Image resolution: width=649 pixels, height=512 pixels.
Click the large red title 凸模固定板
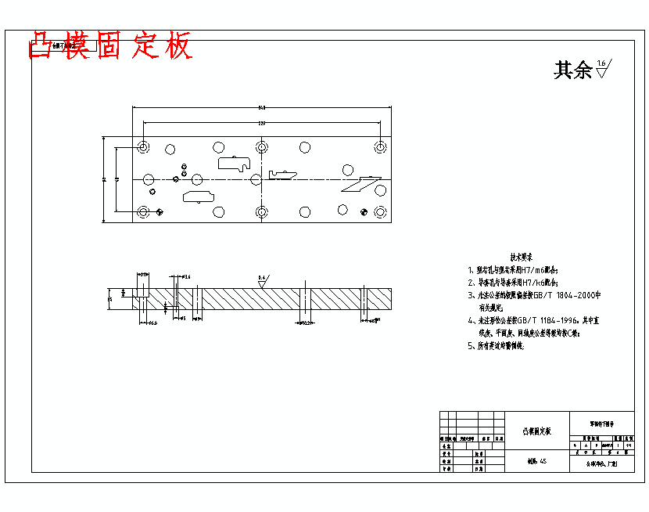coord(110,47)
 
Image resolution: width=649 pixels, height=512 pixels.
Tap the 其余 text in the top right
coord(572,70)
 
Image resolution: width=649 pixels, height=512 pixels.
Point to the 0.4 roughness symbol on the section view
coord(263,279)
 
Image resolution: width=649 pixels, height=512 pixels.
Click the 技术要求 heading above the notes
coord(522,257)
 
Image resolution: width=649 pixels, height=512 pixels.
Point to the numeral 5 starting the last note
coord(471,345)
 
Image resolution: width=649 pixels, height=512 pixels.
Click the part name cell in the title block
coord(537,431)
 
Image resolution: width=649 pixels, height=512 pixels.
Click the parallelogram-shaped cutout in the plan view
coord(359,185)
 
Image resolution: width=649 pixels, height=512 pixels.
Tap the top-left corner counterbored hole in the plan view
coord(144,146)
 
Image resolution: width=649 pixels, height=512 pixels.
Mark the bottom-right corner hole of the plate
coord(380,212)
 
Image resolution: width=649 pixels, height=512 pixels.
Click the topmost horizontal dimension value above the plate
coord(261,108)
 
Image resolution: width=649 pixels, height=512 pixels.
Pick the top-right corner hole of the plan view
coord(380,146)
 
